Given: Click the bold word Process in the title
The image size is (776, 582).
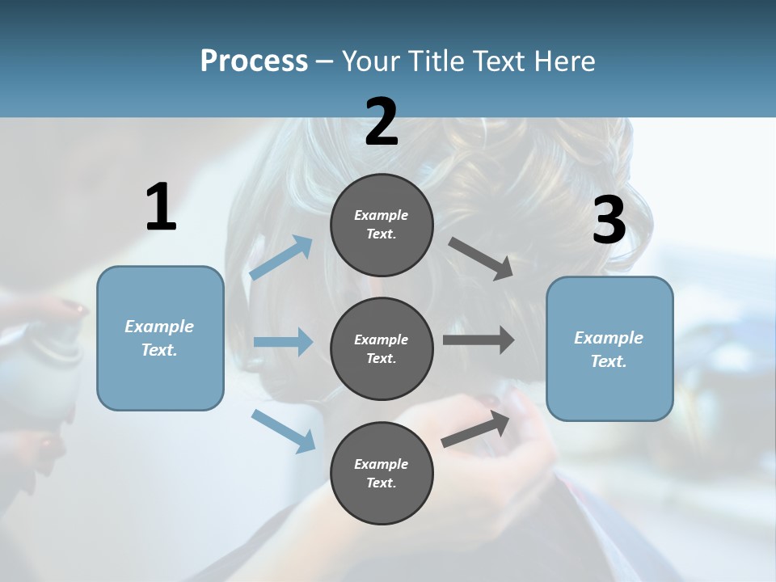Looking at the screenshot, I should pos(254,61).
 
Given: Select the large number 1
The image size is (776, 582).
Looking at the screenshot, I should pos(161,208).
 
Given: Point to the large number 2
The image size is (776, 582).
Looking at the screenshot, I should pos(382,123).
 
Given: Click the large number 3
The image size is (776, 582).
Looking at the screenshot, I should pos(609,221).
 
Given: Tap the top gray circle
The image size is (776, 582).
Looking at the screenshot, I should pos(382,225).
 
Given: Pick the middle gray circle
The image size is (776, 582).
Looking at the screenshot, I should pos(382,348).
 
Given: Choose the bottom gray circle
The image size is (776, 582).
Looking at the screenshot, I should pos(382,473).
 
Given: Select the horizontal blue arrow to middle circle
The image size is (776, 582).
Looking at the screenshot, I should pos(283,342).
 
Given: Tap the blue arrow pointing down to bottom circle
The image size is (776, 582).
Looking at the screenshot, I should pos(283,430).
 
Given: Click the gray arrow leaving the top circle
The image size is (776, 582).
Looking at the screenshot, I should pos(481,259).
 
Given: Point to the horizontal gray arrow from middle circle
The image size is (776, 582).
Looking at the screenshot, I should pos(479,339).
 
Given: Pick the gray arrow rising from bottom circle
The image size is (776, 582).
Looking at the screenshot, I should pos(475,429).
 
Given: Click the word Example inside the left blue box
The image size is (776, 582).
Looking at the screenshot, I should pos(159,327).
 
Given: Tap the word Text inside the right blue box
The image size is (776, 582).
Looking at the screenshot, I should pos(608,361).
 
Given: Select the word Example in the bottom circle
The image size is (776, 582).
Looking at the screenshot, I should pos(381,464).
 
